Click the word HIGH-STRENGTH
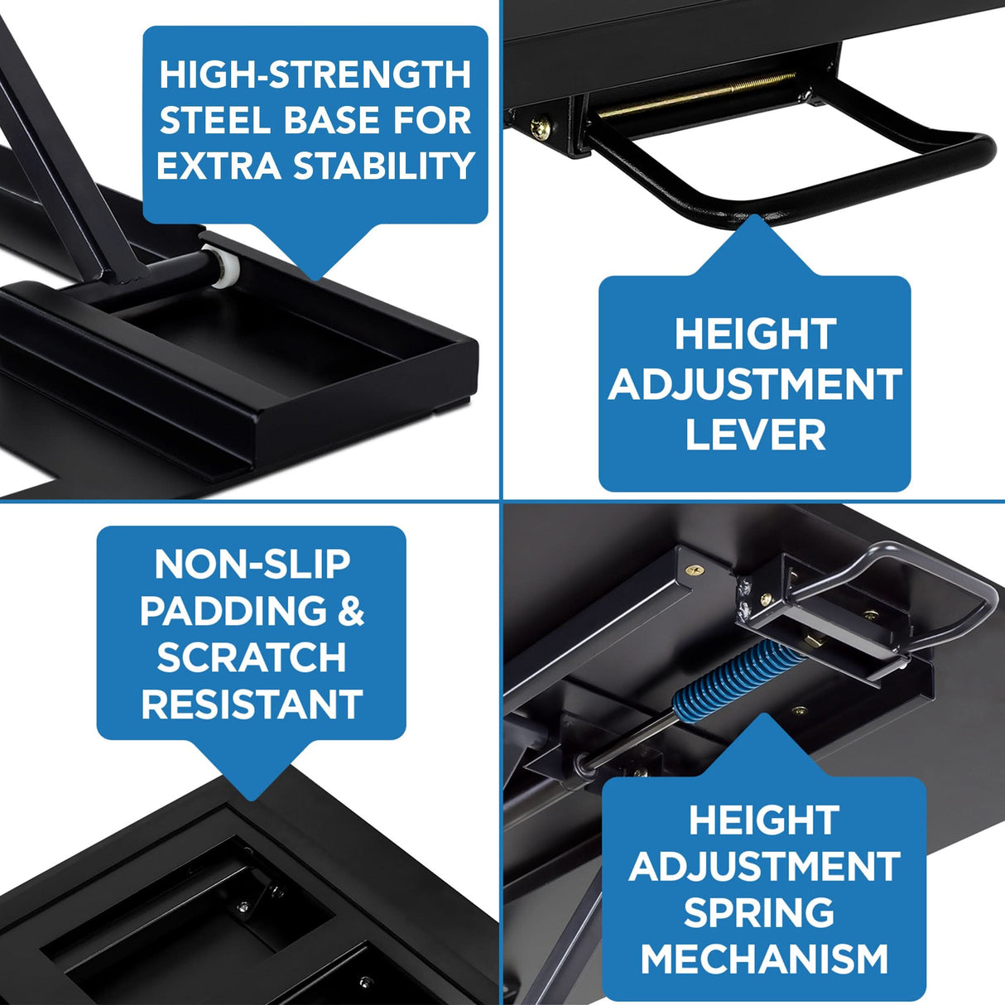[x=315, y=75]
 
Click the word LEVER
[x=755, y=435]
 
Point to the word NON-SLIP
[x=252, y=565]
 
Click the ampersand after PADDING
[x=351, y=611]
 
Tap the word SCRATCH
[x=252, y=658]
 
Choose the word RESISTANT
[x=252, y=704]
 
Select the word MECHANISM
[x=764, y=959]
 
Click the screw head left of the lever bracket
[x=541, y=126]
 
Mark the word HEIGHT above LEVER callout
[x=754, y=335]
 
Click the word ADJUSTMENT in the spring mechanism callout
[x=764, y=867]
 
